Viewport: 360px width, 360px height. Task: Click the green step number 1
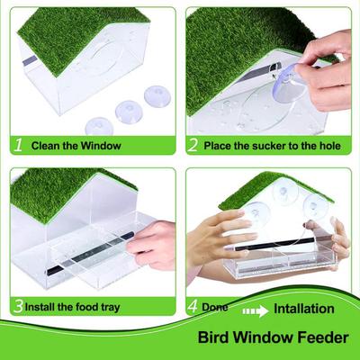pyautogui.click(x=17, y=144)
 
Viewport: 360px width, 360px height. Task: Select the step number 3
pyautogui.click(x=17, y=307)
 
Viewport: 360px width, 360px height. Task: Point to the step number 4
pyautogui.click(x=192, y=307)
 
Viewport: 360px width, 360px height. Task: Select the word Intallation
pyautogui.click(x=304, y=309)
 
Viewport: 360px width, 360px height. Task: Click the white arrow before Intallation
pyautogui.click(x=255, y=309)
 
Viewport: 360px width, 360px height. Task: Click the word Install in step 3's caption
pyautogui.click(x=43, y=308)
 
